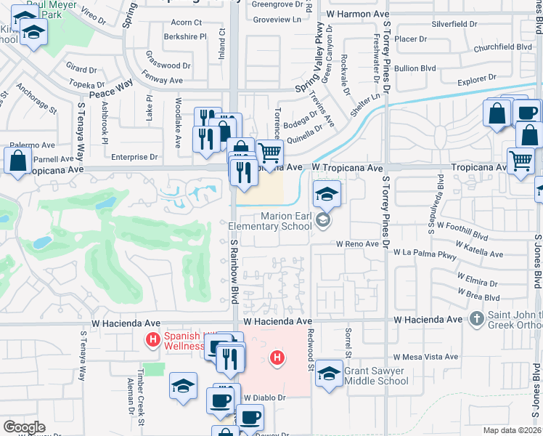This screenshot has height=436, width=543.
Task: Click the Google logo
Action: tap(23, 427)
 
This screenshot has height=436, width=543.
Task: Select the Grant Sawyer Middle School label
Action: tap(376, 375)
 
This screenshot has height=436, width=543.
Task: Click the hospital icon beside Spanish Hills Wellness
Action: tap(152, 339)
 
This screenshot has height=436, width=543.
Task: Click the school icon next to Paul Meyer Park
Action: tap(33, 33)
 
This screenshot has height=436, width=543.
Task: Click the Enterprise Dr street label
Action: tap(135, 156)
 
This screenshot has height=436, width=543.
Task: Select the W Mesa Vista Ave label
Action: tap(428, 357)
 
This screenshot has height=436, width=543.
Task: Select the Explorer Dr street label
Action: tap(476, 76)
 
